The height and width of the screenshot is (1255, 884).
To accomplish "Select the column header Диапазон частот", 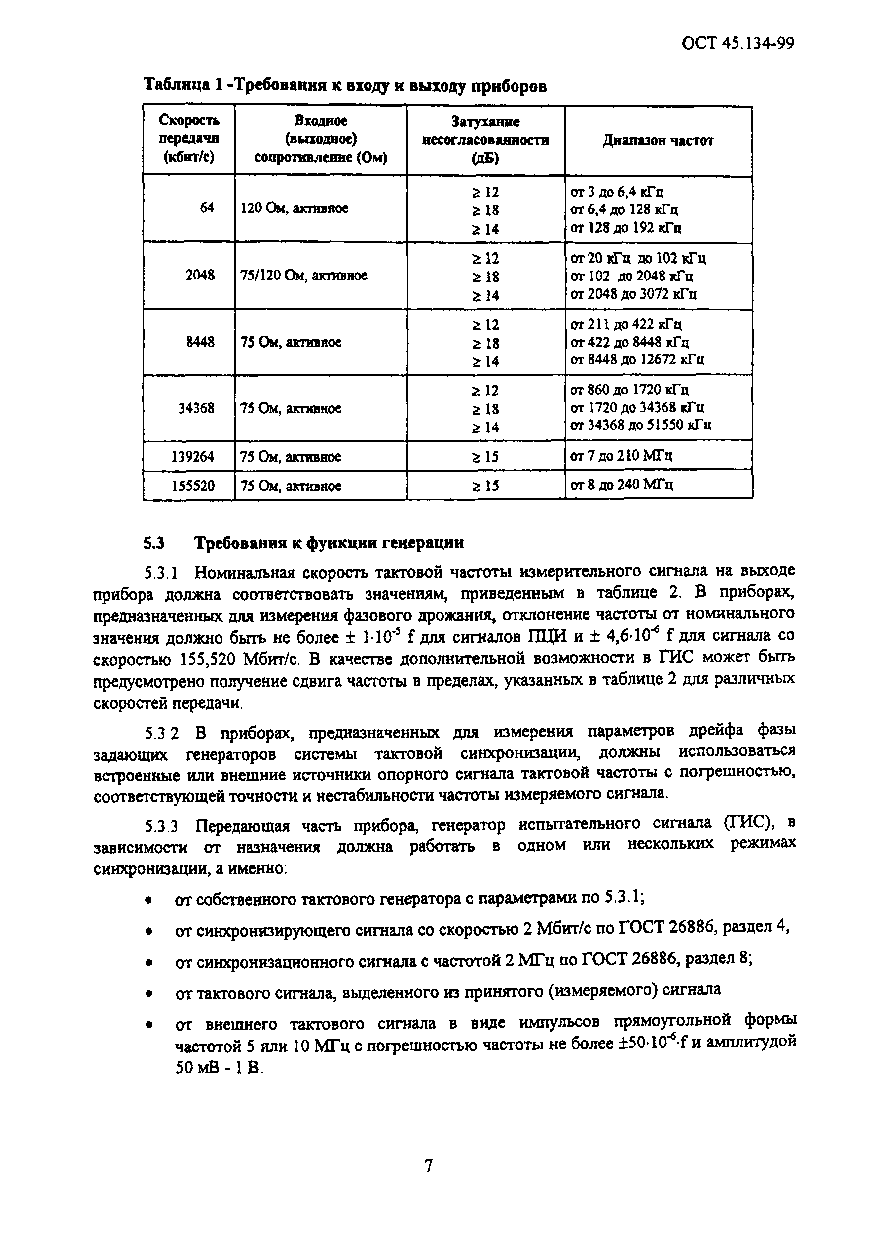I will pos(658,140).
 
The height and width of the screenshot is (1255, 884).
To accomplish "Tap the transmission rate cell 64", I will pos(207,208).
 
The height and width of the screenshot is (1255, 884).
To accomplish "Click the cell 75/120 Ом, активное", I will pos(303,276).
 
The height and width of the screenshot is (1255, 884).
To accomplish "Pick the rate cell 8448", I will pos(200,342).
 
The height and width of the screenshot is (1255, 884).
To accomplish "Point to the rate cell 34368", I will pos(196,408).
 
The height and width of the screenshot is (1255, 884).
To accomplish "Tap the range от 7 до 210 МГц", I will pos(621,456).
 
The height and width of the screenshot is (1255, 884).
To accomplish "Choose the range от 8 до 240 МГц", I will pos(621,485).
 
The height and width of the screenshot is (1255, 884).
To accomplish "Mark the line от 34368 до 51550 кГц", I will pos(640,425).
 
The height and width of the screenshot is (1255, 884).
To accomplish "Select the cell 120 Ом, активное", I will pos(294,208).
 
